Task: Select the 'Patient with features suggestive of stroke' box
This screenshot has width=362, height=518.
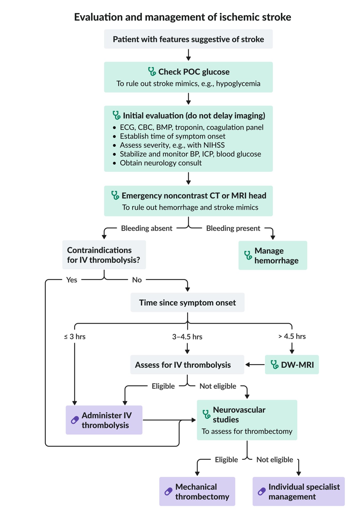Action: [188, 39]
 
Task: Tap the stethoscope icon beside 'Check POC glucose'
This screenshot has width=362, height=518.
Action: [152, 71]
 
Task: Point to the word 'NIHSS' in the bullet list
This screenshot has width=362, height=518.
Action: [214, 145]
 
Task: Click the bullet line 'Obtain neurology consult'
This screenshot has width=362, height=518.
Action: [161, 163]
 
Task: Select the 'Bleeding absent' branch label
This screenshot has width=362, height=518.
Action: [146, 228]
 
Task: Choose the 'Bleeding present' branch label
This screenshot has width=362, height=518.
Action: [233, 228]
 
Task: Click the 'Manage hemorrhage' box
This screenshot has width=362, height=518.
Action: [273, 255]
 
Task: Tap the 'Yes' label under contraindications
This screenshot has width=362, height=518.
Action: [72, 280]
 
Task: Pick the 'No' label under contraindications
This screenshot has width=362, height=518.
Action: [137, 280]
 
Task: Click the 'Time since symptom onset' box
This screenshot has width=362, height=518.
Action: [187, 302]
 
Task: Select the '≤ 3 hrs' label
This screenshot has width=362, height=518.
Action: [75, 336]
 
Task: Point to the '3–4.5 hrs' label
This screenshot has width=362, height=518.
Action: [187, 337]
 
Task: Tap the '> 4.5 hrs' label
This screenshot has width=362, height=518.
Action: [292, 336]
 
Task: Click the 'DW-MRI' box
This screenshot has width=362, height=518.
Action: [292, 364]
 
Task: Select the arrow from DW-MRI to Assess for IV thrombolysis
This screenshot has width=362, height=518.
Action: [255, 365]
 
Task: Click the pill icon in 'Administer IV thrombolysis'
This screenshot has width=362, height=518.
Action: [75, 420]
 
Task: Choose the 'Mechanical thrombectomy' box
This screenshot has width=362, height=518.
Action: [197, 491]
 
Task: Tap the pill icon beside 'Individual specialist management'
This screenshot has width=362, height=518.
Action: [262, 491]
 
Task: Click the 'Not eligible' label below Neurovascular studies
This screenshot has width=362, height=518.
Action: [275, 459]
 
